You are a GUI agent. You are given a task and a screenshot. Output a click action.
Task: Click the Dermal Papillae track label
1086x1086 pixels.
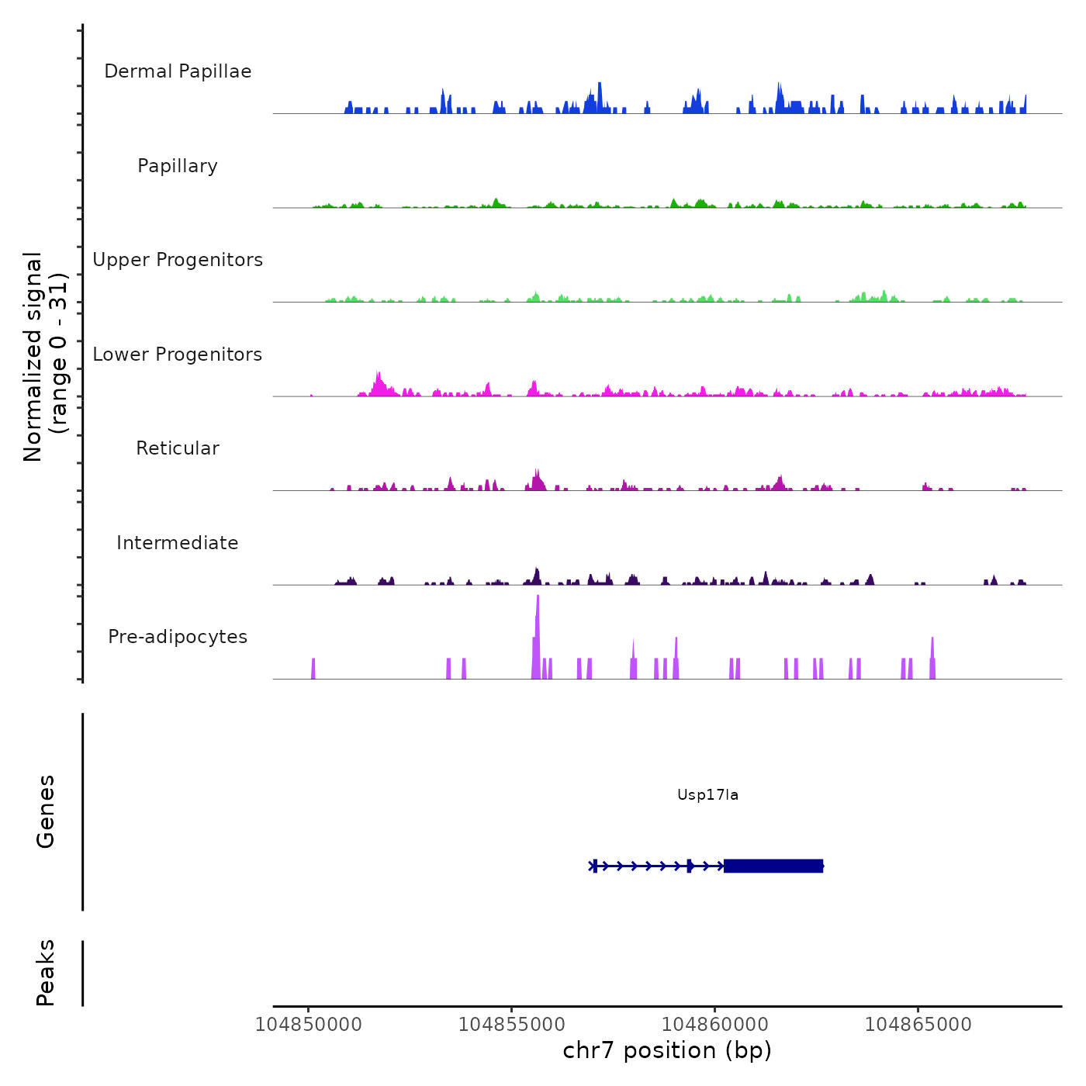click(178, 71)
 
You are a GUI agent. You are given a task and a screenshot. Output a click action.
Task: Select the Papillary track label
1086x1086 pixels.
click(178, 166)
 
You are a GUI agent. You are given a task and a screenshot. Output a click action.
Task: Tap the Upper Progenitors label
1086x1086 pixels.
click(178, 260)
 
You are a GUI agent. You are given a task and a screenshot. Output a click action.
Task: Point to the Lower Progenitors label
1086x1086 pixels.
click(178, 355)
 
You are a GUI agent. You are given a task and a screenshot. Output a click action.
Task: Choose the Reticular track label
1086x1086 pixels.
click(178, 448)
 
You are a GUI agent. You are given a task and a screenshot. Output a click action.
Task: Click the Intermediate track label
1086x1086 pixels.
click(178, 543)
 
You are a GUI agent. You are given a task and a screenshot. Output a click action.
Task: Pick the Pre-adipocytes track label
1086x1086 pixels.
click(178, 637)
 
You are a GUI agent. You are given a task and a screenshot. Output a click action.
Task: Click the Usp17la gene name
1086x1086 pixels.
click(707, 795)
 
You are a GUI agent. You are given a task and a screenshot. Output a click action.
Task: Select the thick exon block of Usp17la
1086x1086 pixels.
click(773, 866)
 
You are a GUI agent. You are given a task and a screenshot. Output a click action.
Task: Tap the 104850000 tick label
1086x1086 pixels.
click(309, 1025)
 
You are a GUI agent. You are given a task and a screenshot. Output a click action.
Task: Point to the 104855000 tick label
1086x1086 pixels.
click(512, 1025)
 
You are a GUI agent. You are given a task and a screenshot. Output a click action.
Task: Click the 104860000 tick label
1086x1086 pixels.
click(715, 1025)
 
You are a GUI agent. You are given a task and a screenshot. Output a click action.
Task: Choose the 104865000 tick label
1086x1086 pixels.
click(918, 1025)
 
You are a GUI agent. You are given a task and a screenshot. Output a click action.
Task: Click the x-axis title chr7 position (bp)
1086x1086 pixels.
click(667, 1051)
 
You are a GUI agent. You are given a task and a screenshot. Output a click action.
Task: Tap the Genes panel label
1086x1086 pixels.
click(46, 811)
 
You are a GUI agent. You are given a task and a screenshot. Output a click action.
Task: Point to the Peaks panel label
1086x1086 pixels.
click(46, 973)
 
